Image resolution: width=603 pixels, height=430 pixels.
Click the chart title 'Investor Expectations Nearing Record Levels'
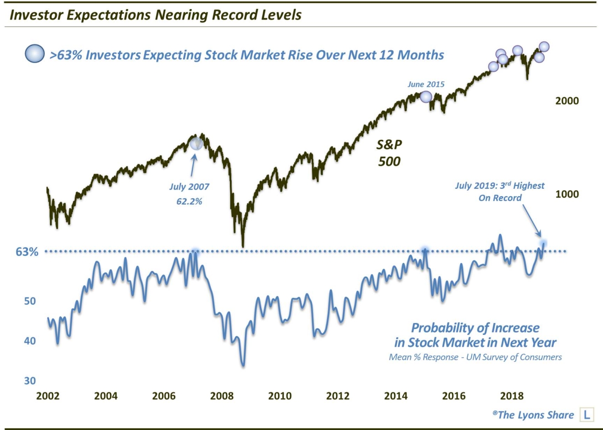155,15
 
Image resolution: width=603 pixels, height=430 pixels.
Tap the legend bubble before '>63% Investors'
34,54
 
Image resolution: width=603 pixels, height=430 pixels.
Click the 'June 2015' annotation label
426,84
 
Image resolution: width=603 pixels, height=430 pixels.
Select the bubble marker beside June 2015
425,97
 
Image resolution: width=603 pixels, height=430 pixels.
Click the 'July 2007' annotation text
189,186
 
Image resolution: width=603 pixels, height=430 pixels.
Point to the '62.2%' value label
189,201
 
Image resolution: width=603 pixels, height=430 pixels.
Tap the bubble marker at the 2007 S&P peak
196,143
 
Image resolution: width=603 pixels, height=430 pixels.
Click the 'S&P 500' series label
389,153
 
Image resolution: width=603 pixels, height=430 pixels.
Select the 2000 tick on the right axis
567,101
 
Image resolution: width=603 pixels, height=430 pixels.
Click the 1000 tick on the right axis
567,194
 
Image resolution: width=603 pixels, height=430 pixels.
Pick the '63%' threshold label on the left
27,252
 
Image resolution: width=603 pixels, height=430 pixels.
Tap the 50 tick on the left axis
29,301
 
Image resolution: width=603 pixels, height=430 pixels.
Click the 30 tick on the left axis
29,381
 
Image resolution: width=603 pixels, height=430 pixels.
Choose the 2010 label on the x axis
280,396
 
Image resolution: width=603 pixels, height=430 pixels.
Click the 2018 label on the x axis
512,396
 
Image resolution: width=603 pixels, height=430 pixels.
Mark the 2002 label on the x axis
48,396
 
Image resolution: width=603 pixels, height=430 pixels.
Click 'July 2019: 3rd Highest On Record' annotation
500,192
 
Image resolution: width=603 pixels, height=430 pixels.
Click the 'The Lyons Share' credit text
533,415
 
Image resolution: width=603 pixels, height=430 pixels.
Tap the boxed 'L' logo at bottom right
587,414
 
